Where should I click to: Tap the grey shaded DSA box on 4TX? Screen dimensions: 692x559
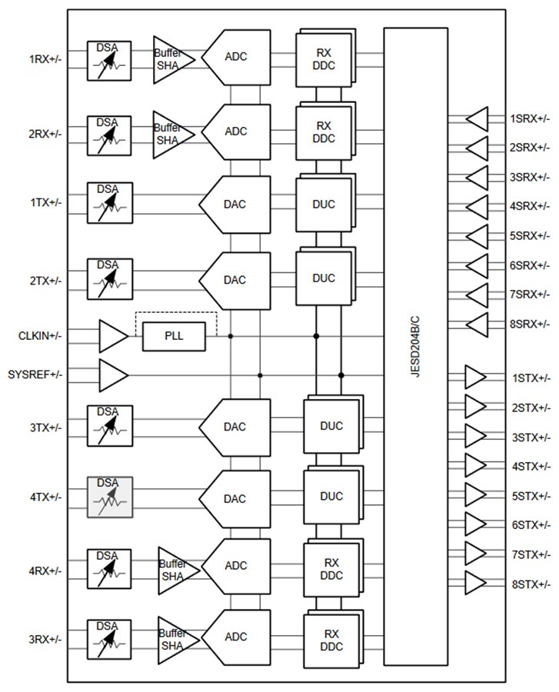[x=109, y=497]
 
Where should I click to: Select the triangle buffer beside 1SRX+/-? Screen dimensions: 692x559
[x=477, y=118]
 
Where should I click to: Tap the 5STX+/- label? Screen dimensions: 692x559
[x=531, y=495]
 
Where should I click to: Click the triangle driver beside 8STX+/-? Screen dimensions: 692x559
[x=476, y=584]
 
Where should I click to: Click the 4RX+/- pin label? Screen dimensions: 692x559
[x=45, y=571]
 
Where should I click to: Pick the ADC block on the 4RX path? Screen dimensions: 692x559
[x=237, y=566]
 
